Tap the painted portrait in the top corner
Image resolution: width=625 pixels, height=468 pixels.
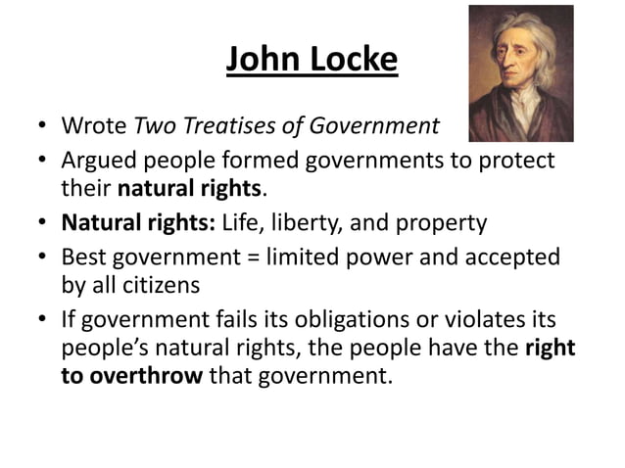(520, 73)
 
